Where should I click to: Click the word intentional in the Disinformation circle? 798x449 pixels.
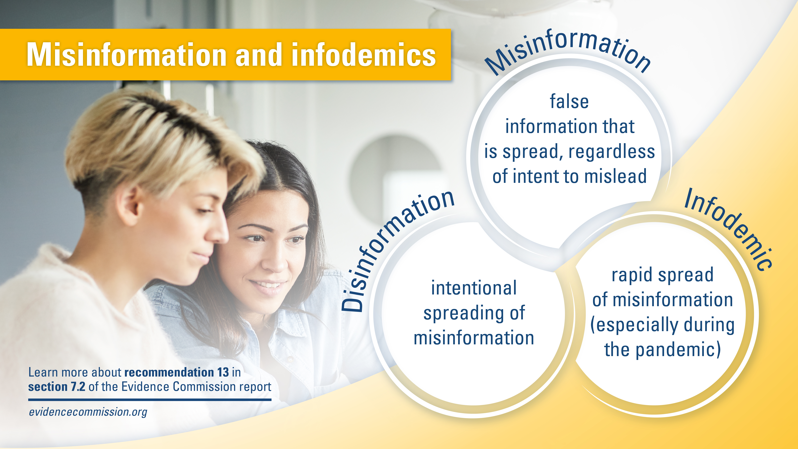(x=474, y=288)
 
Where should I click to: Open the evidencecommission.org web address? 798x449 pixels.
(x=88, y=412)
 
